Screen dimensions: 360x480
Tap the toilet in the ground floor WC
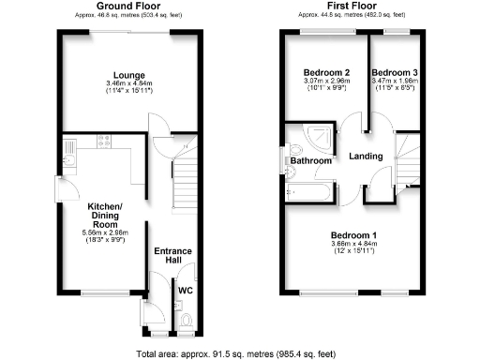(185, 323)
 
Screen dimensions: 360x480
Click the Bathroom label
(310, 161)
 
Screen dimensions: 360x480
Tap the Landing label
(366, 157)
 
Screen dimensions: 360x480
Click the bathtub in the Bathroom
(309, 192)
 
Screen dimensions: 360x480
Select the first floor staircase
(405, 155)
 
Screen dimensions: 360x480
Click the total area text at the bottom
(240, 353)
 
